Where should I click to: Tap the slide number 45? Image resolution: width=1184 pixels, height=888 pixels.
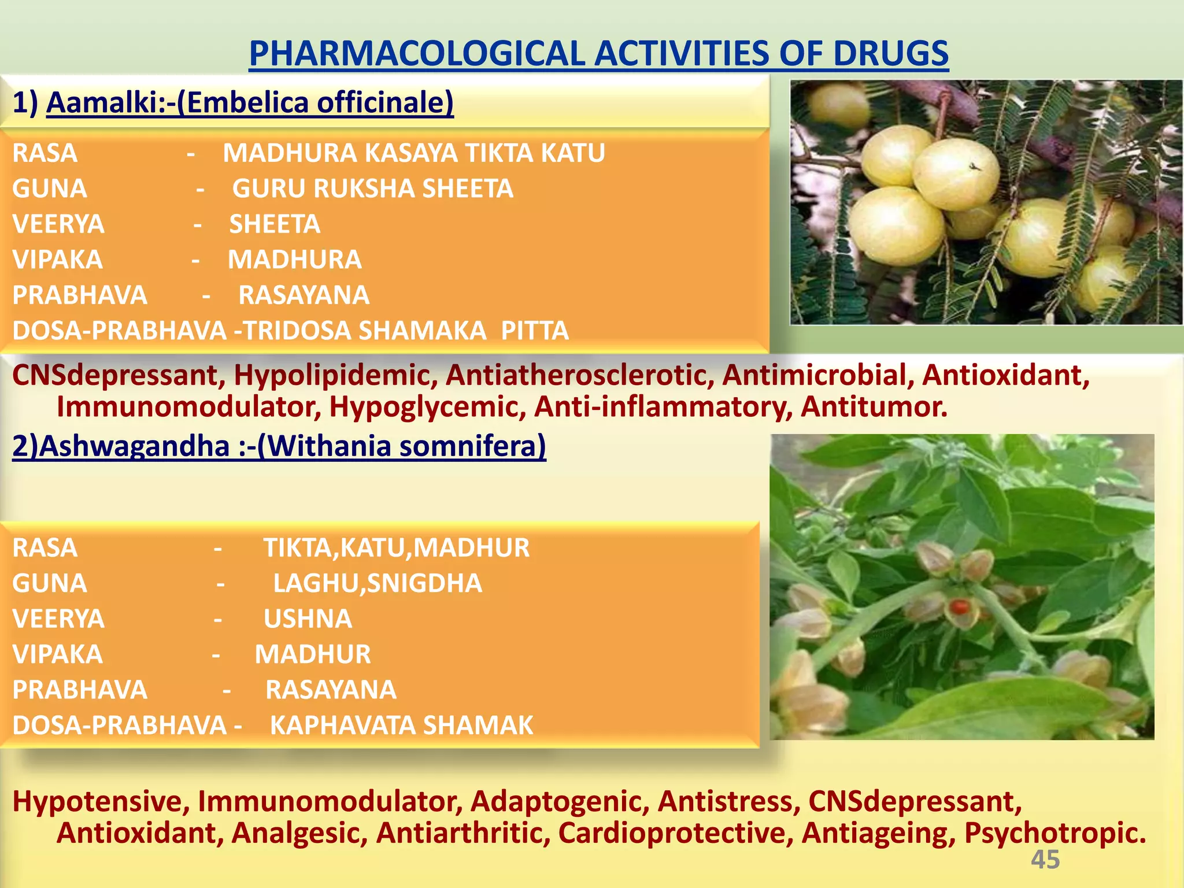(1045, 860)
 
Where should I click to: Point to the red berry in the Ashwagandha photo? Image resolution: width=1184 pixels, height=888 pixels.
(959, 607)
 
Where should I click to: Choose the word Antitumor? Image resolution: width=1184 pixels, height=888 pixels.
(874, 407)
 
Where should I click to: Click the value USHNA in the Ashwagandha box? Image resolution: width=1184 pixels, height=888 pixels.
(308, 619)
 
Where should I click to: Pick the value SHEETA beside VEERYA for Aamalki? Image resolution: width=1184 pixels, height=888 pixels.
(275, 224)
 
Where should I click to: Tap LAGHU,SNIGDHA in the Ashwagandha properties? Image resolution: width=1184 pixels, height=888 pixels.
(378, 583)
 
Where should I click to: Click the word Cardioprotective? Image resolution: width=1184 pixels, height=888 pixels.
(675, 833)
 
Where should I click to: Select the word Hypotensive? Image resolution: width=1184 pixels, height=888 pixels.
(101, 802)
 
